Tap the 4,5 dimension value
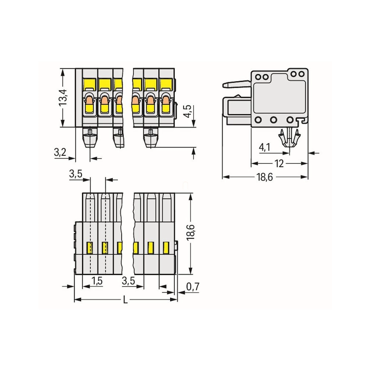click(x=188, y=111)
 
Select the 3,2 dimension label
click(x=60, y=152)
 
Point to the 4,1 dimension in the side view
click(x=264, y=147)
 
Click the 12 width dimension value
click(x=279, y=163)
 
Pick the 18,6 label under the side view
click(x=264, y=177)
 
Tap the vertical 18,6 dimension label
click(x=191, y=232)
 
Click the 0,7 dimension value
click(x=193, y=287)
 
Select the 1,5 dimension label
click(x=97, y=281)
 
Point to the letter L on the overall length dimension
click(x=125, y=300)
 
